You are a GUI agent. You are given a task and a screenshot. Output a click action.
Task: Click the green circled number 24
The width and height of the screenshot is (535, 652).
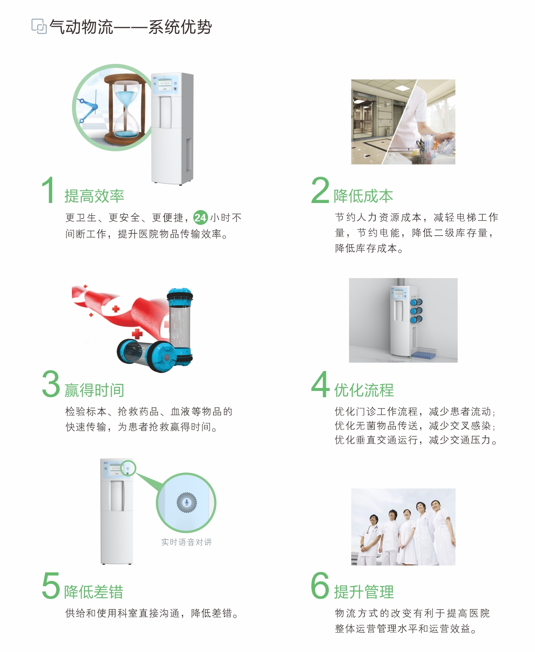click(200, 217)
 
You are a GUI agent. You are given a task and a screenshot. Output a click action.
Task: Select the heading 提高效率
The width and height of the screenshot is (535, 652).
click(94, 196)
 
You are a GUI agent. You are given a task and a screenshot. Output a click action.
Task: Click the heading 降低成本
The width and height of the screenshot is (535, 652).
click(363, 196)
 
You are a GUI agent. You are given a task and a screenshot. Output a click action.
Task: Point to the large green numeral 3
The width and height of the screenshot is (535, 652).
click(51, 384)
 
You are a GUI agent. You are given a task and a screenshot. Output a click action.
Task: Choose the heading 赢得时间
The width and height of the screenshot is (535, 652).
click(94, 390)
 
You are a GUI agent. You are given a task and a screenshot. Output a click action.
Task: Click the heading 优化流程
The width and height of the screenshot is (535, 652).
click(364, 390)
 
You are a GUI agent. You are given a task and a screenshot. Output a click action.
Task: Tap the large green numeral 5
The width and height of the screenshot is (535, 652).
click(51, 586)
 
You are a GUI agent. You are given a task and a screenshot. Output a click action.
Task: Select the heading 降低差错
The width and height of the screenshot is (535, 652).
click(94, 592)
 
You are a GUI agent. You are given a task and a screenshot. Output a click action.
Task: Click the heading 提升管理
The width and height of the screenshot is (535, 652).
click(364, 592)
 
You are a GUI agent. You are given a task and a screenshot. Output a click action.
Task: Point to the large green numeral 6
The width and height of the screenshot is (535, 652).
click(320, 586)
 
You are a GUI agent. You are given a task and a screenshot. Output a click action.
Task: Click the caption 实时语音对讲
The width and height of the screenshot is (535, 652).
click(186, 542)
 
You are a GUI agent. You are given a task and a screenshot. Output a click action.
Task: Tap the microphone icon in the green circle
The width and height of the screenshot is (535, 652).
click(186, 502)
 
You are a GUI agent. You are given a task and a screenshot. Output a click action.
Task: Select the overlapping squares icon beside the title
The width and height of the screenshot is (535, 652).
click(39, 26)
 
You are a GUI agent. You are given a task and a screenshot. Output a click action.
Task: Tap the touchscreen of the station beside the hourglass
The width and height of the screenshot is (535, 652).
click(165, 84)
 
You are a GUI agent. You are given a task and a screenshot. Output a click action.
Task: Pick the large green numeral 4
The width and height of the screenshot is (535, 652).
click(321, 384)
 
